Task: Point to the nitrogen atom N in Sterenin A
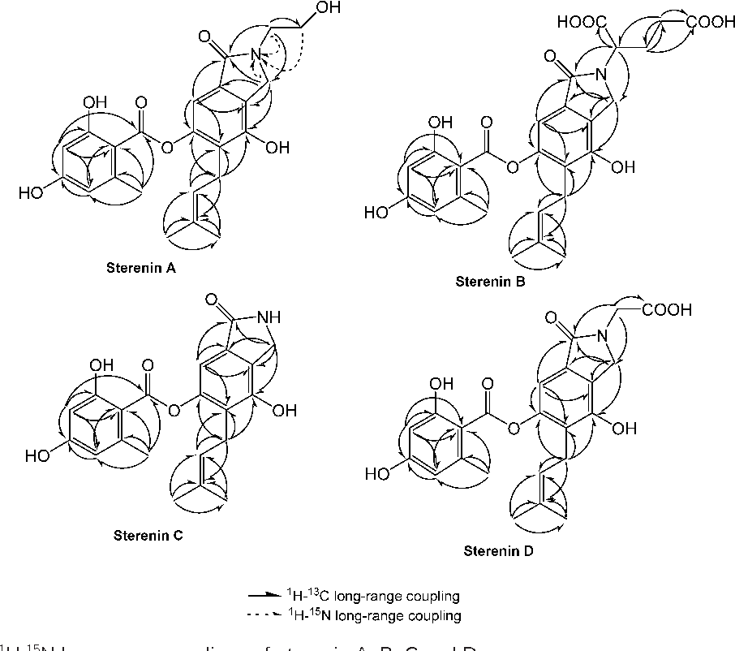[256, 55]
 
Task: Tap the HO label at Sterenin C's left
[37, 455]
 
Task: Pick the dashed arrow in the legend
[269, 616]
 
